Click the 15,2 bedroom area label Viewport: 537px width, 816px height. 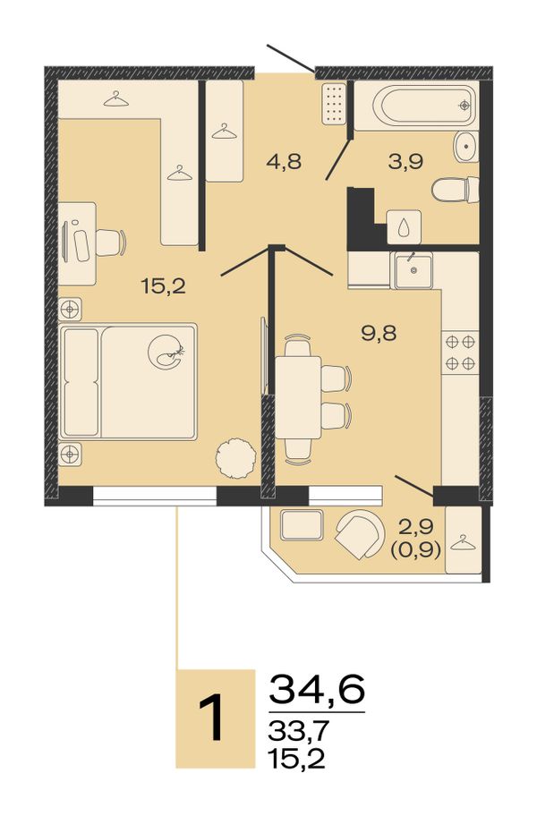tap(163, 285)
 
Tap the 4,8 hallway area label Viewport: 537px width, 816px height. tap(284, 161)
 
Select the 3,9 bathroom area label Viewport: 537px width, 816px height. tap(405, 161)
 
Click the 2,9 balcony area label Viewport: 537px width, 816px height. tap(416, 527)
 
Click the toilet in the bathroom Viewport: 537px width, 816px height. tap(456, 190)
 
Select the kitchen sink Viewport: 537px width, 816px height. tap(413, 269)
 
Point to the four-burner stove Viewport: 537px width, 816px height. tap(460, 352)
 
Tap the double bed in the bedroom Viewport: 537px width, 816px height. tap(128, 381)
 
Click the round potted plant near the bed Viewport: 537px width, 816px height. tap(236, 457)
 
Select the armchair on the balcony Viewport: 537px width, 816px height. tap(358, 533)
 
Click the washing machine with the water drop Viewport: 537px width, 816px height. tap(405, 226)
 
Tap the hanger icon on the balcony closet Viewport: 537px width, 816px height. tap(463, 543)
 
